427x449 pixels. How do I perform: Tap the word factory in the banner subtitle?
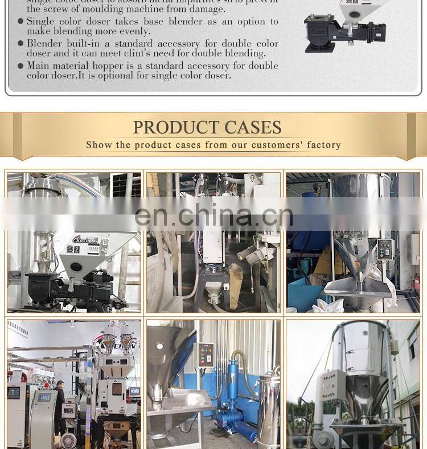pyautogui.click(x=323, y=145)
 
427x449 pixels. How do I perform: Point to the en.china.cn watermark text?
pyautogui.click(x=213, y=215)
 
